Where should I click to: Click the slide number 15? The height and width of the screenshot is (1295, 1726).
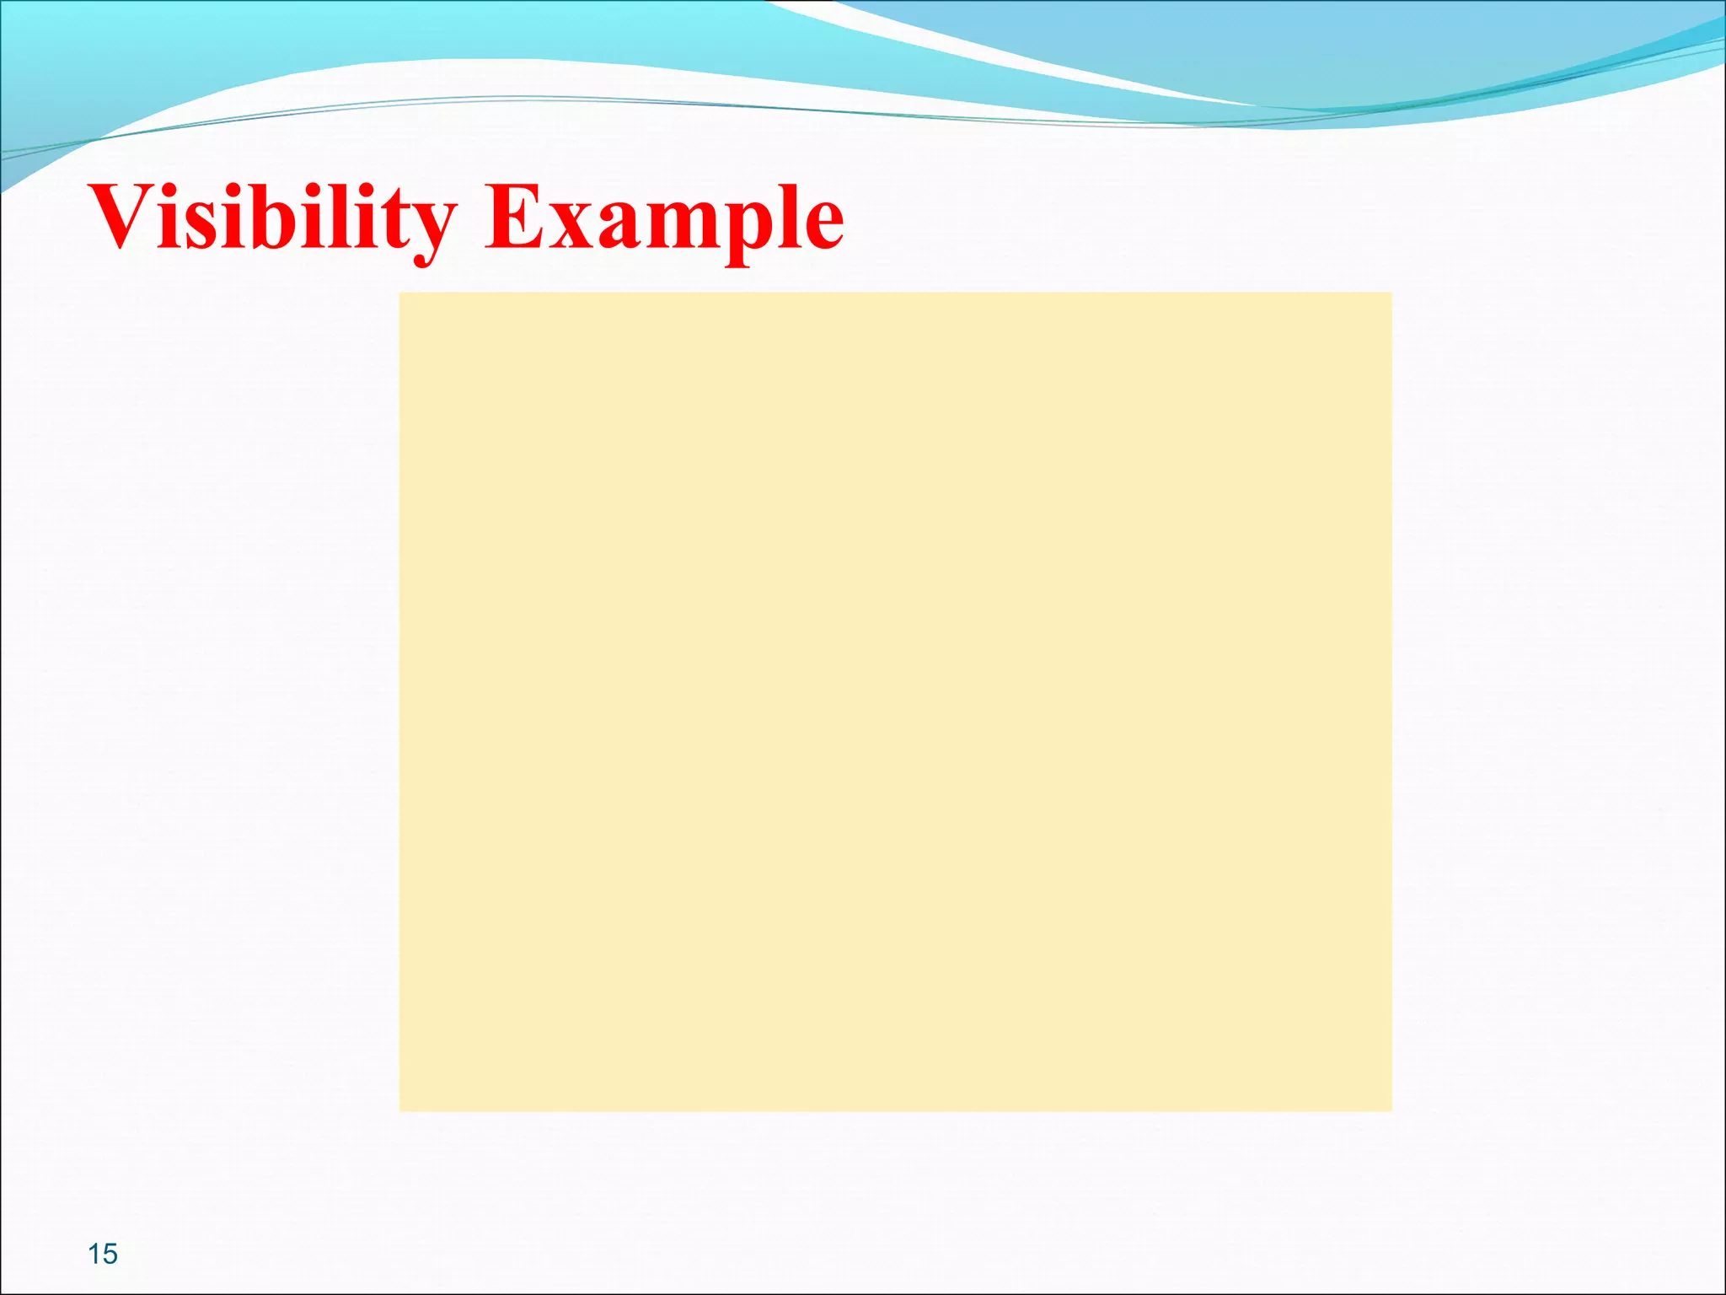[103, 1254]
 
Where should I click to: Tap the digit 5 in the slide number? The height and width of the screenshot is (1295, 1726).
[110, 1254]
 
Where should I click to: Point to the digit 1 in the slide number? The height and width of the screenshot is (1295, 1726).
[94, 1254]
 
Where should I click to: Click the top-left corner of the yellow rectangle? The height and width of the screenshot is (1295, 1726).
[401, 294]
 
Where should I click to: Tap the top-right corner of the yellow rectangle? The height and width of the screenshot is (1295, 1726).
[1390, 294]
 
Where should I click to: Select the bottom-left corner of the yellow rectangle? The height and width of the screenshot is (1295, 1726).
[401, 1109]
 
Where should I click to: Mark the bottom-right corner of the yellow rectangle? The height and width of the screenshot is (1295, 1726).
[1390, 1109]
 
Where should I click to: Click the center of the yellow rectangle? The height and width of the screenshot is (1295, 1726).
[895, 701]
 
